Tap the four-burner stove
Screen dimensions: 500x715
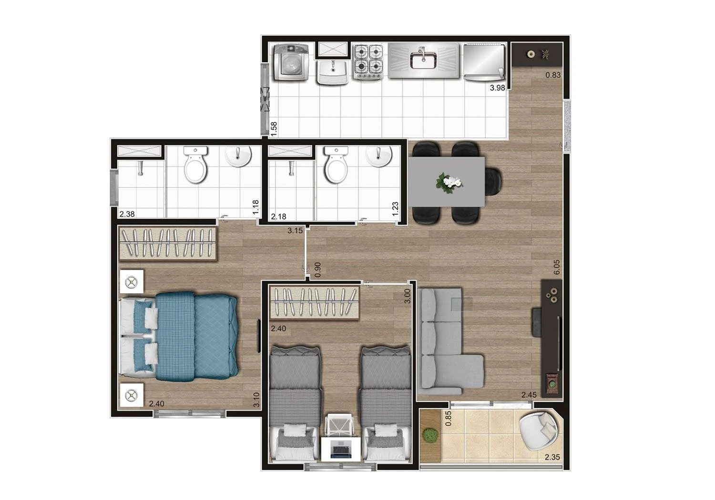[x=368, y=61]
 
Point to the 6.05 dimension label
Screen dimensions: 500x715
[x=557, y=267]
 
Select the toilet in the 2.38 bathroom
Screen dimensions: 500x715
[x=196, y=165]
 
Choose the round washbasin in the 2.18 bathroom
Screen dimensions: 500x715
[x=379, y=155]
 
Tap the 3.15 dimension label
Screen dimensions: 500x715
[x=295, y=231]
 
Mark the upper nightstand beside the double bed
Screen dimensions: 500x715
[x=132, y=283]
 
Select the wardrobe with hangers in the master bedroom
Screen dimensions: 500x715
[x=168, y=243]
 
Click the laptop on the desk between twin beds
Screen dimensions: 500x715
[x=340, y=449]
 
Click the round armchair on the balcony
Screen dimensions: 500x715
[x=538, y=430]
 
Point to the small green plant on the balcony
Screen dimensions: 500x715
[x=430, y=435]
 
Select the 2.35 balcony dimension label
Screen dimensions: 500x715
[x=552, y=458]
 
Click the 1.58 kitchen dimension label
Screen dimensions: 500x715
[x=274, y=128]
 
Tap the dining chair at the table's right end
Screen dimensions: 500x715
[x=494, y=182]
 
